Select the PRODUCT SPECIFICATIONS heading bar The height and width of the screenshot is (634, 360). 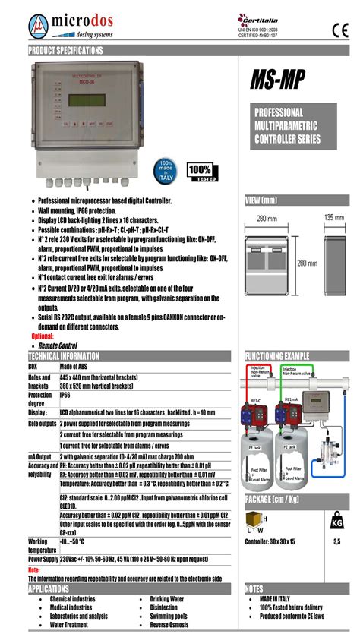[x=66, y=50]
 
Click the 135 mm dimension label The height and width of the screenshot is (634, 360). [x=333, y=218]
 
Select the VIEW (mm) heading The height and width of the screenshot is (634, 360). [x=261, y=201]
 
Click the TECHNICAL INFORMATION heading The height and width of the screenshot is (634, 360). [x=65, y=356]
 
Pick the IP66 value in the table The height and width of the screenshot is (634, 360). [x=65, y=396]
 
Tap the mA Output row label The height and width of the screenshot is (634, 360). [x=39, y=457]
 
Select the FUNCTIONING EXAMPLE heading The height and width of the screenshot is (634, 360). [x=277, y=356]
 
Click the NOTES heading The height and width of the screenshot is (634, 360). [x=254, y=588]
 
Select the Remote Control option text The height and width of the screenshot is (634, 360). [x=58, y=345]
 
